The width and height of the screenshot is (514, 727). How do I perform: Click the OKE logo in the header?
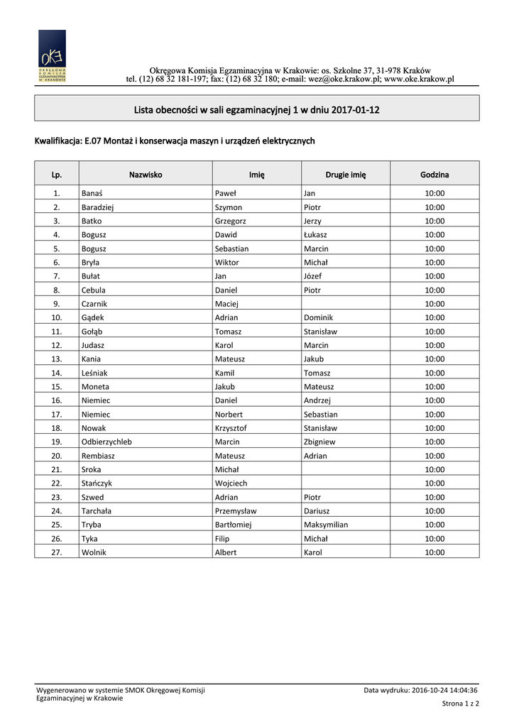coord(52,57)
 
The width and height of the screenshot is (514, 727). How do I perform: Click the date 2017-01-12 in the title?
coord(355,110)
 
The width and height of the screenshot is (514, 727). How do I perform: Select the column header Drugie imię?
coord(346,174)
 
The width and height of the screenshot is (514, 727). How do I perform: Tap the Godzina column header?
coord(434,174)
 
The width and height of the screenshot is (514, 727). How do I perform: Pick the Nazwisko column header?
coord(146,174)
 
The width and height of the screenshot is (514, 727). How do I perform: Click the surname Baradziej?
coord(98,207)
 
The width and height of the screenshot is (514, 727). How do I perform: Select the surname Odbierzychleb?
coord(106,442)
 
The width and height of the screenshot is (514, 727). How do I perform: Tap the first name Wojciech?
coord(231,483)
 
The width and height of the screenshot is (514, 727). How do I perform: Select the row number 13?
coord(57,359)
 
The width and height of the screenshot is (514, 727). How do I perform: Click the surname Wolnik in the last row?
coord(94,552)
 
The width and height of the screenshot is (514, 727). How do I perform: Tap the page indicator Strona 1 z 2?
coord(460,704)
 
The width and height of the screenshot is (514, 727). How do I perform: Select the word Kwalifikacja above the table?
coord(58,141)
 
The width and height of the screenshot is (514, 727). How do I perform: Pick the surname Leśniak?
coord(94,373)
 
